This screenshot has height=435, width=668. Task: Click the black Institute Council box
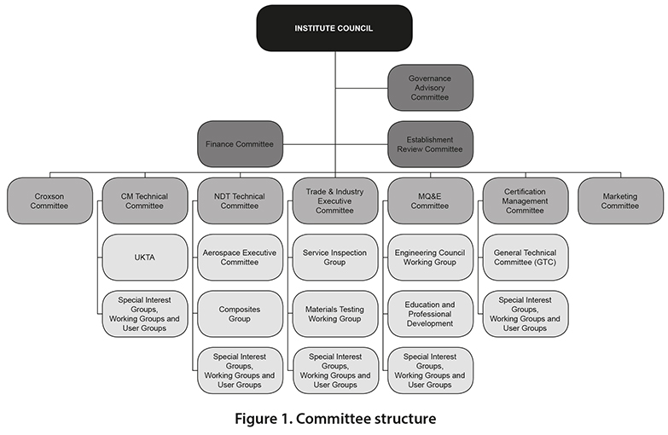pos(334,28)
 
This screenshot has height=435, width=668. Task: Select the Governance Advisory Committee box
pos(430,88)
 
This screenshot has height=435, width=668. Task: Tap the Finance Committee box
pos(241,144)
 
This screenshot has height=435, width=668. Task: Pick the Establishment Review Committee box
pos(430,144)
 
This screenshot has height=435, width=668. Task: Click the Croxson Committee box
pos(49,200)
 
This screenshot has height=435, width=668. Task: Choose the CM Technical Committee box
pos(145,200)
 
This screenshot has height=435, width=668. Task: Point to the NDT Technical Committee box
pos(241,200)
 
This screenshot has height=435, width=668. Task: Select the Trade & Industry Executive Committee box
pos(335,200)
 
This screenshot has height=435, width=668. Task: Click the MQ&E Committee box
pos(430,200)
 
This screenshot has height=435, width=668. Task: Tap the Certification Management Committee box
pos(526,200)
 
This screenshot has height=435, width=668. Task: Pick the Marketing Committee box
pos(621,200)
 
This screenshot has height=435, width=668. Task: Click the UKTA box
pos(145,258)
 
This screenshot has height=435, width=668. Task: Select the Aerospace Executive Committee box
pos(241,258)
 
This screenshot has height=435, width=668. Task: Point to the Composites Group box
pos(241,314)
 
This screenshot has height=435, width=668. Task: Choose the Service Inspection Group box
pos(335,258)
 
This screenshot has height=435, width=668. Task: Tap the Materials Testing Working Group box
pos(335,314)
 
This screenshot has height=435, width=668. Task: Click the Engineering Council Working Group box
pos(430,258)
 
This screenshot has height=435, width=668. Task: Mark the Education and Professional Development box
pos(430,314)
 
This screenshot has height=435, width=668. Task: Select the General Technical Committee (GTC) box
pos(526,258)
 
